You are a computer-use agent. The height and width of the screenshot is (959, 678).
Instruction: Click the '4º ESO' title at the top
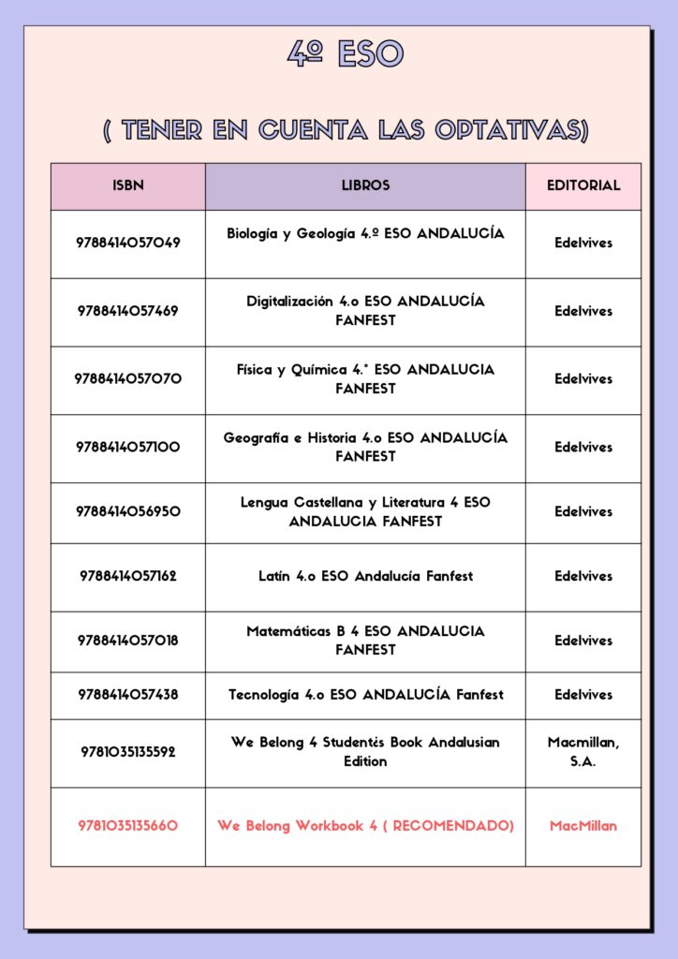point(345,54)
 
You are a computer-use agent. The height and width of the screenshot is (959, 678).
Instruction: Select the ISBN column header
point(128,185)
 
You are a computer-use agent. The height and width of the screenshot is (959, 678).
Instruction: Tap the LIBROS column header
point(365,185)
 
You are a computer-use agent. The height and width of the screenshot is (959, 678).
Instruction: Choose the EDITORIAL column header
point(583,185)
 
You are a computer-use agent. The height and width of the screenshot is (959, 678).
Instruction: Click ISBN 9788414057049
point(128,243)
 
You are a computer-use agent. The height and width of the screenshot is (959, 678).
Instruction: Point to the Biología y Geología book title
point(365,233)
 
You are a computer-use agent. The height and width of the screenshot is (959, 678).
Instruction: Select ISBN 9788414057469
point(128,311)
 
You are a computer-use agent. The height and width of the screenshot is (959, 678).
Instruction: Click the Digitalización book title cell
point(365,311)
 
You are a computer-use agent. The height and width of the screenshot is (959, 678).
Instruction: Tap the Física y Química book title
point(365,378)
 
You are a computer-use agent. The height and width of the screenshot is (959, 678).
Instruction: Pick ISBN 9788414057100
point(128,448)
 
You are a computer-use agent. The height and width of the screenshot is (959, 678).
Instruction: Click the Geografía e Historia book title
point(365,447)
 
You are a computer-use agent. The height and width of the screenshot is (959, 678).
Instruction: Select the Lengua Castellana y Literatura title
point(365,511)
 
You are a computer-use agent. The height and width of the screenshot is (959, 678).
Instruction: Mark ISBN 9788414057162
point(128,576)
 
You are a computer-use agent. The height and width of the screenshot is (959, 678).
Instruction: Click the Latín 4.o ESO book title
point(365,576)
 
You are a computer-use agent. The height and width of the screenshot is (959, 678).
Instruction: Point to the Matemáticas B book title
point(365,640)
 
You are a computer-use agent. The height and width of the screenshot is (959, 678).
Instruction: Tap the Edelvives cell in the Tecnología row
point(583,695)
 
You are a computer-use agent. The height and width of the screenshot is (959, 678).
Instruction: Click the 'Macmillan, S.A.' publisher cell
point(583,751)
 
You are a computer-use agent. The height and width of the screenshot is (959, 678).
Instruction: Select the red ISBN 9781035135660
point(128,826)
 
